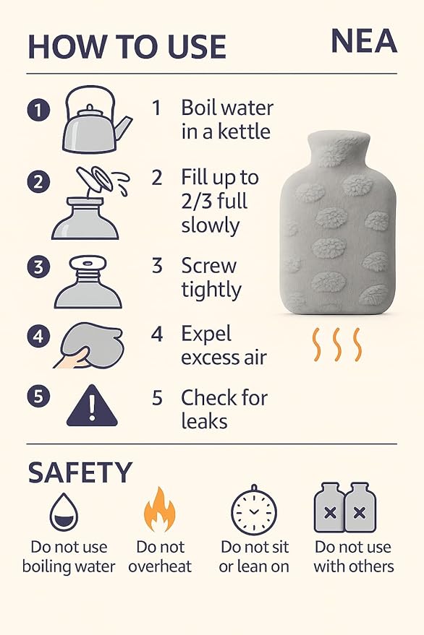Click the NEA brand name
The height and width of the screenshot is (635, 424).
click(363, 41)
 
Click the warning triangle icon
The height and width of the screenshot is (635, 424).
click(91, 405)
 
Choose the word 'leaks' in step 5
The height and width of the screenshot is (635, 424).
click(205, 420)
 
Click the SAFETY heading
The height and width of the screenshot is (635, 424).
click(80, 472)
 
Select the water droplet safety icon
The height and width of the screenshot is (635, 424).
click(64, 513)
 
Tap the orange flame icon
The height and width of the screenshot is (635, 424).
click(160, 510)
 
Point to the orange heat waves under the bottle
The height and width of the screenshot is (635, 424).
click(336, 345)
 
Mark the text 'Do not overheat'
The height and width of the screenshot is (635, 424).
click(160, 556)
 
